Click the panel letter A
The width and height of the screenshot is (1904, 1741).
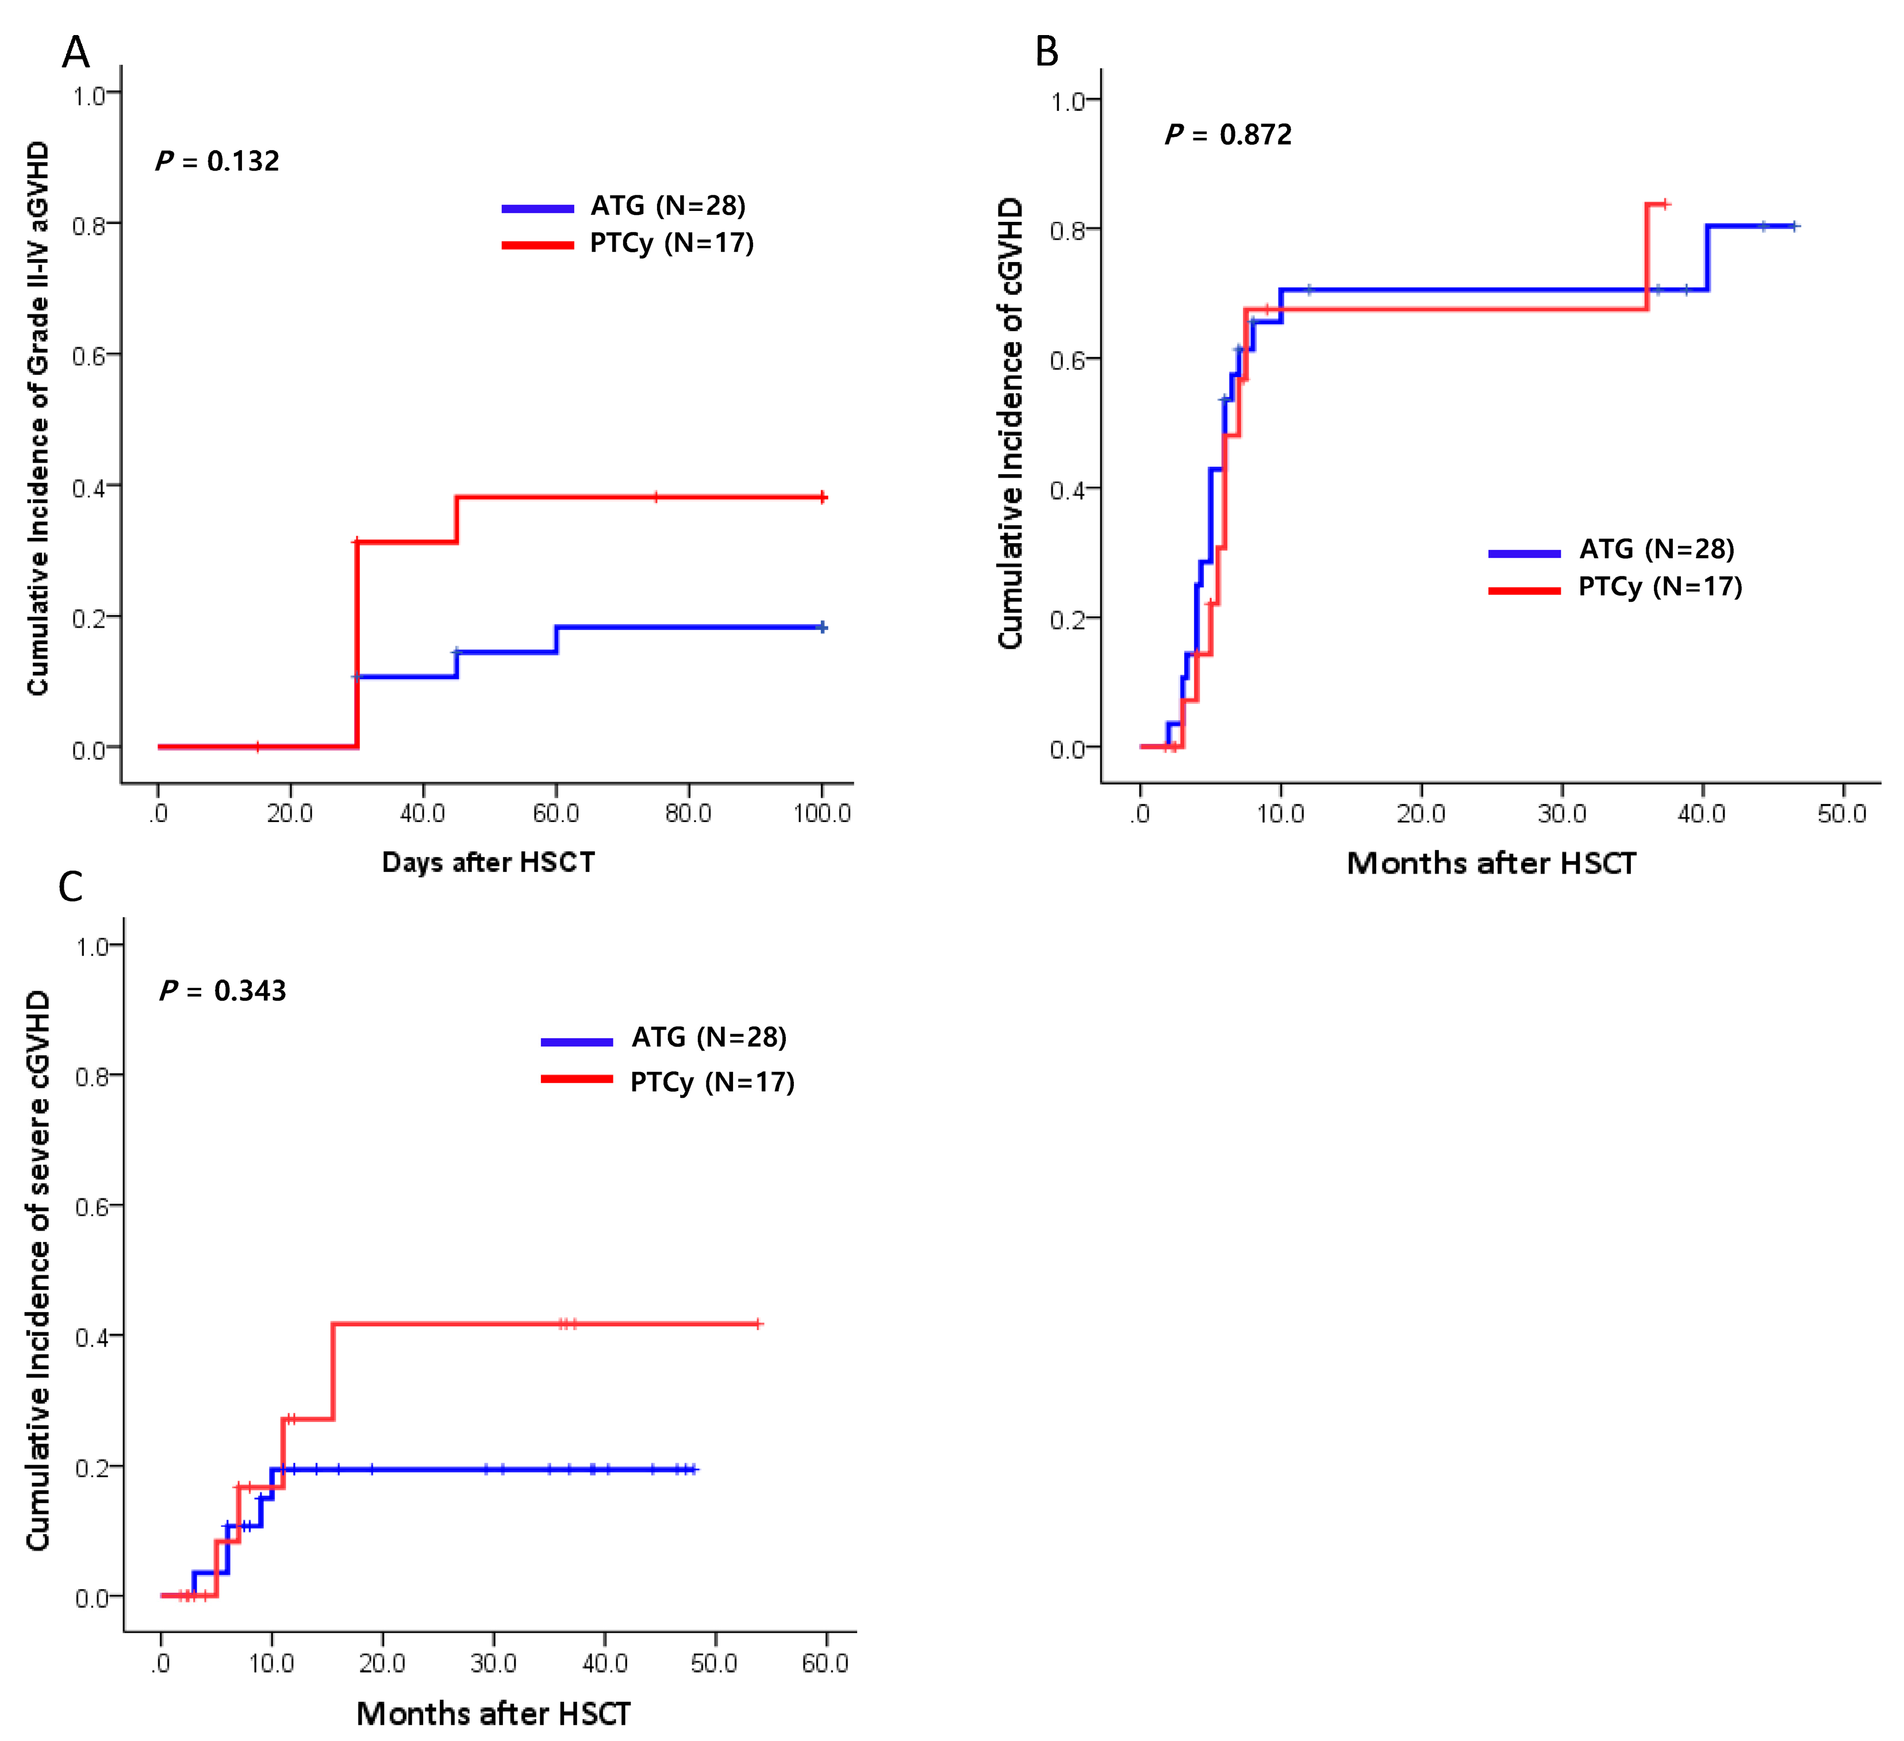[75, 53]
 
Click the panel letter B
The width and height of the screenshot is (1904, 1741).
[1046, 51]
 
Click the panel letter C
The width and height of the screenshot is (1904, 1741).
[71, 887]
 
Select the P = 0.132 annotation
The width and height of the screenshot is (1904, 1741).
[217, 162]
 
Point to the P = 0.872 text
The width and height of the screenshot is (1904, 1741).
[1228, 135]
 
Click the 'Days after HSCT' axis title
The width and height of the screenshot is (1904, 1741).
[488, 862]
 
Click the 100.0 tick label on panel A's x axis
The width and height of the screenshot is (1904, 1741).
[822, 813]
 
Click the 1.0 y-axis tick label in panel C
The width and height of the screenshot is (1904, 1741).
[94, 947]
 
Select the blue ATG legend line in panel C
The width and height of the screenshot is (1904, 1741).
[576, 1041]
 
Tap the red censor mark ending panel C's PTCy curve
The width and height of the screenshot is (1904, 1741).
[758, 1324]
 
